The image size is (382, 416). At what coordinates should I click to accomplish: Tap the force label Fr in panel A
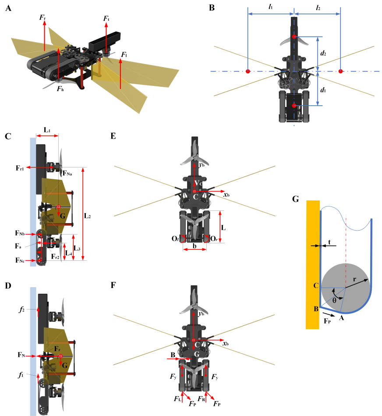coord(42,18)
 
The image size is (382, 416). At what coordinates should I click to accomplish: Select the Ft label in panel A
coord(106,18)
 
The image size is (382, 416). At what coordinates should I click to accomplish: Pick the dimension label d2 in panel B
coord(323,53)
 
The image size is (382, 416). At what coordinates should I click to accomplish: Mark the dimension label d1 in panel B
coord(323,90)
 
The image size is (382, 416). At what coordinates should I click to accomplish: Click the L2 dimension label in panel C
coord(88,215)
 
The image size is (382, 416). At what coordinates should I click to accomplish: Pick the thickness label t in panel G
coord(329,241)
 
